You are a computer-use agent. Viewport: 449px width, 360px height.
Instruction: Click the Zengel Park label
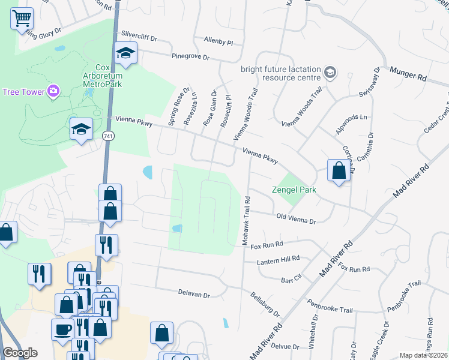pos(294,190)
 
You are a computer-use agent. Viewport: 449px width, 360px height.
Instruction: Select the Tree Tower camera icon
pos(53,91)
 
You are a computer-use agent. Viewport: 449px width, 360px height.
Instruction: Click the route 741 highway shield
pos(108,137)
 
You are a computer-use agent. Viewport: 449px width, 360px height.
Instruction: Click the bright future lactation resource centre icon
pos(330,73)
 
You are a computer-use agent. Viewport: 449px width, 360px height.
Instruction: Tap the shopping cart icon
pos(22,19)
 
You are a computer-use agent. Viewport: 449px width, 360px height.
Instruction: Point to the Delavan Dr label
pos(194,295)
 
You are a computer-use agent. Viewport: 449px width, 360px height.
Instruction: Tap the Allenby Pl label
pos(218,41)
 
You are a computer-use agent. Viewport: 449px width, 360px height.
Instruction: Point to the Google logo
pos(20,353)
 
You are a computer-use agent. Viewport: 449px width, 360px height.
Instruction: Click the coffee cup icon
pos(63,329)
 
